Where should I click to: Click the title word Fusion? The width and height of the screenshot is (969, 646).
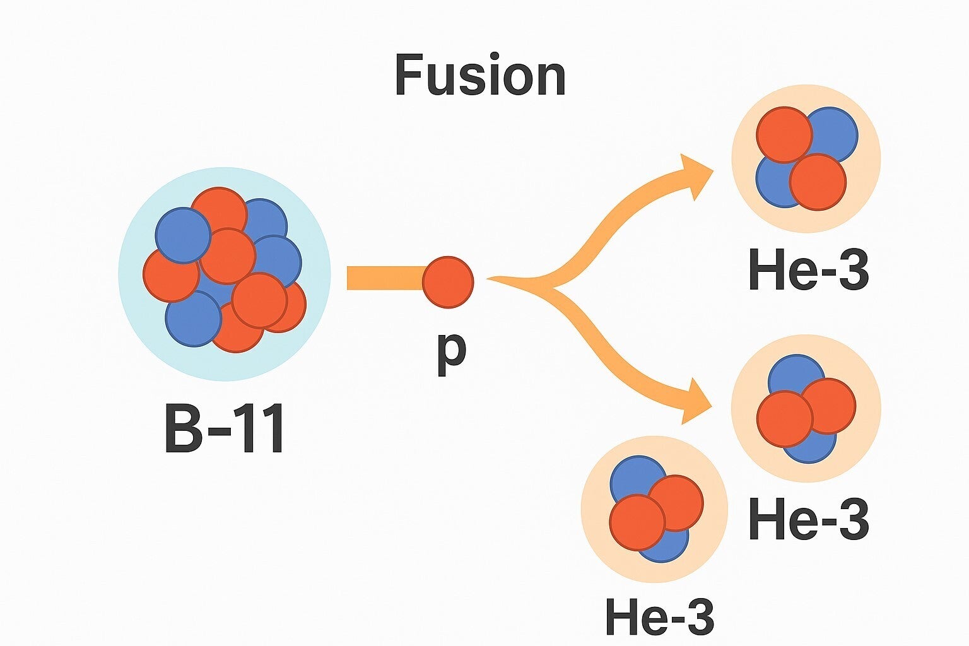pyautogui.click(x=480, y=76)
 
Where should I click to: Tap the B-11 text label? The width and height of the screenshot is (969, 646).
pyautogui.click(x=225, y=428)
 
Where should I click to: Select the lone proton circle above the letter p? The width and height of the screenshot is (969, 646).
pyautogui.click(x=448, y=282)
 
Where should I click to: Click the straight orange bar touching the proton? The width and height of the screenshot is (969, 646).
pyautogui.click(x=385, y=278)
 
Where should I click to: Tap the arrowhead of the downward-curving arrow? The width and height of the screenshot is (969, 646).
pyautogui.click(x=695, y=401)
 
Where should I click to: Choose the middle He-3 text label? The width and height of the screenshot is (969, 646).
pyautogui.click(x=809, y=519)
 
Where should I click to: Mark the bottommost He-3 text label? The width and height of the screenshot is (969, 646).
pyautogui.click(x=659, y=616)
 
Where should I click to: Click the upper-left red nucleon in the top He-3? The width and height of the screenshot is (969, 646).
pyautogui.click(x=784, y=134)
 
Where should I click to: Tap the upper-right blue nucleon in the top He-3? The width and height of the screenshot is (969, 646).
pyautogui.click(x=831, y=134)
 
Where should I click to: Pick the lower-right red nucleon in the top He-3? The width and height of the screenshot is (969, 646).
pyautogui.click(x=818, y=182)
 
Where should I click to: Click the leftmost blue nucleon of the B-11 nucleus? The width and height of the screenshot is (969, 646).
pyautogui.click(x=183, y=235)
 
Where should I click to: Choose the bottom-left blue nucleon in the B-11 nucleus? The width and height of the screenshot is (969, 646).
pyautogui.click(x=193, y=319)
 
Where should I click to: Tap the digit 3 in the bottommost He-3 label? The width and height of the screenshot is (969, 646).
pyautogui.click(x=699, y=616)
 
